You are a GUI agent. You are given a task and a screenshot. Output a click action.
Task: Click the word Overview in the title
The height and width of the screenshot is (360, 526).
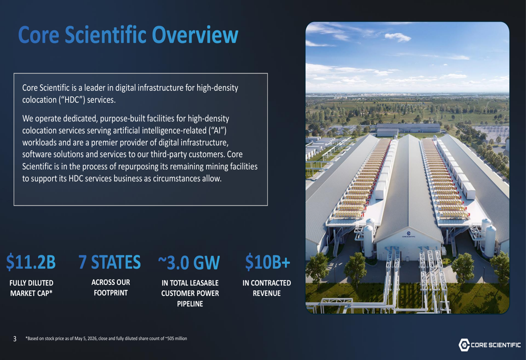click(x=195, y=35)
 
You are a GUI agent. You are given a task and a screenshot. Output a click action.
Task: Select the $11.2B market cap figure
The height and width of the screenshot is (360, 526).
click(x=31, y=262)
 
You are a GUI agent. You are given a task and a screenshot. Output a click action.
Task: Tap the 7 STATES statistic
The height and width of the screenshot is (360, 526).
click(x=110, y=262)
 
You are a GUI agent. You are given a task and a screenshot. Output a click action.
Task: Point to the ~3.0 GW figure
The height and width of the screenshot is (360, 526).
click(x=189, y=262)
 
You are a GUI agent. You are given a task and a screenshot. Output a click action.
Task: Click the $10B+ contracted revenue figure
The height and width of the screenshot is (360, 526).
click(x=267, y=262)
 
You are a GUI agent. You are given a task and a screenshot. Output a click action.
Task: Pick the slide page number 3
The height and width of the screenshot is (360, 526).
click(x=15, y=339)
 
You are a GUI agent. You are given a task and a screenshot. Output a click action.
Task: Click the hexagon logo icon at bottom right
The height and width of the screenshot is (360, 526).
click(x=464, y=345)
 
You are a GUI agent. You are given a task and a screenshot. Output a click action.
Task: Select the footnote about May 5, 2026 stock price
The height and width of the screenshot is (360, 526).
click(x=106, y=338)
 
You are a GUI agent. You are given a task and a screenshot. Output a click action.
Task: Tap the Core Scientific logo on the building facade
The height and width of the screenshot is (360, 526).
click(x=408, y=234)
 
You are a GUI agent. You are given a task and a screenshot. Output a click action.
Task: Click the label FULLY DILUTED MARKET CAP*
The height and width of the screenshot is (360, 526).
click(x=31, y=288)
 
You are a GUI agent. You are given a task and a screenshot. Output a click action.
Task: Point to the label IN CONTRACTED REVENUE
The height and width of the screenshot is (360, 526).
click(x=267, y=288)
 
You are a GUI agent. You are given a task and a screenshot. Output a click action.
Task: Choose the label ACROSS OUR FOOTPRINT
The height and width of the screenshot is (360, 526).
click(x=110, y=287)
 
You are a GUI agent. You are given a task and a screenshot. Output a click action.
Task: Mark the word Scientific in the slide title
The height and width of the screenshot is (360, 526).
click(x=106, y=35)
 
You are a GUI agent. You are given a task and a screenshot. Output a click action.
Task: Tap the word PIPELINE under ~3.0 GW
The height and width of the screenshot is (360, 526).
click(x=190, y=304)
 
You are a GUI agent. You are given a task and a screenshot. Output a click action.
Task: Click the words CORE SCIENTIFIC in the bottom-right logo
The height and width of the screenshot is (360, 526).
click(x=496, y=345)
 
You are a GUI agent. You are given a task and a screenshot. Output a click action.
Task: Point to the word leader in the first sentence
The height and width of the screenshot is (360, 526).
click(x=95, y=88)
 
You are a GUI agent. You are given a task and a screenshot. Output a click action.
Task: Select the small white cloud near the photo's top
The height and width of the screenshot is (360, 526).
click(x=398, y=37)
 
